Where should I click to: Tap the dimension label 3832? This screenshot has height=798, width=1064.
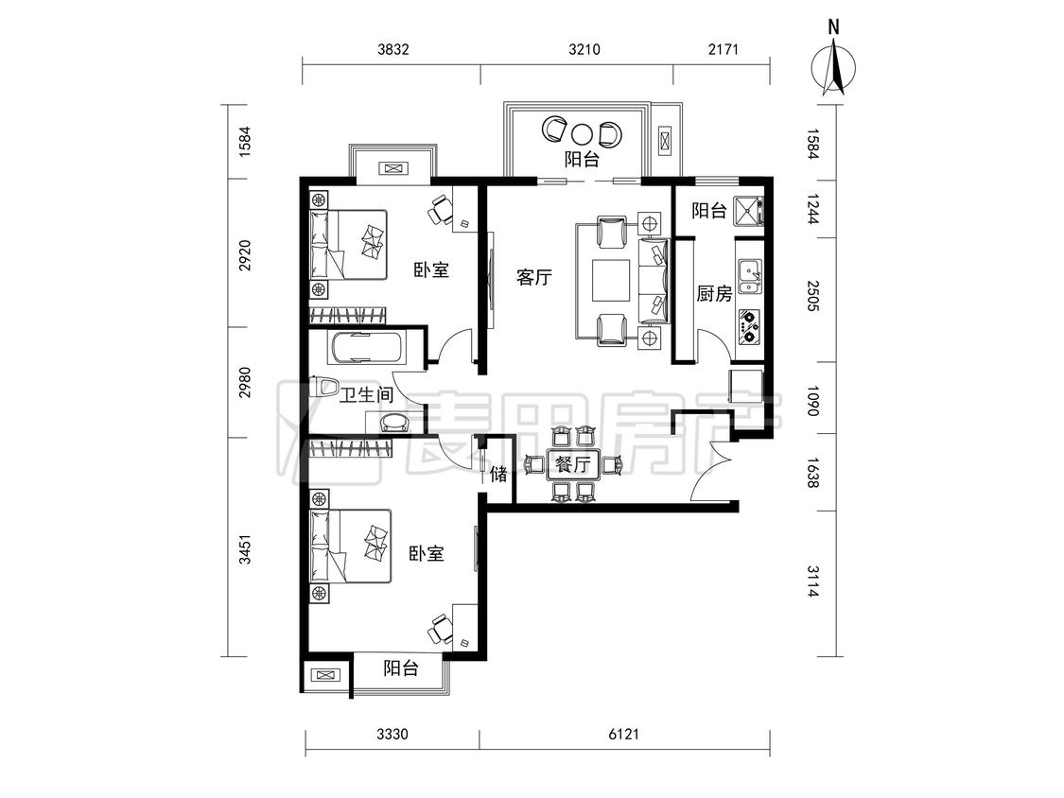[393, 49]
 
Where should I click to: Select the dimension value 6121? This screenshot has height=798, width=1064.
[623, 735]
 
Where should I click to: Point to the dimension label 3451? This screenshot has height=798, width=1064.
[246, 549]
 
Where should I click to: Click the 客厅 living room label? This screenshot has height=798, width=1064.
[534, 278]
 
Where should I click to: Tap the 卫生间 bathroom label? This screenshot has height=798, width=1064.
[366, 395]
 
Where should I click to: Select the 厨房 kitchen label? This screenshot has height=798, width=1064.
[715, 294]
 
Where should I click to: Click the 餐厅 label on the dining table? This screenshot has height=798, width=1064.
[572, 465]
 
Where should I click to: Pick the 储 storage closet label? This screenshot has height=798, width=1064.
[498, 474]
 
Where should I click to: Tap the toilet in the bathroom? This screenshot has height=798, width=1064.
[323, 389]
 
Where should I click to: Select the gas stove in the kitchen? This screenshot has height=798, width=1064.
[749, 325]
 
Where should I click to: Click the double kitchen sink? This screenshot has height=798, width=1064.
[749, 277]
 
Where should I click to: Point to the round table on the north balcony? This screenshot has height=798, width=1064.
[582, 133]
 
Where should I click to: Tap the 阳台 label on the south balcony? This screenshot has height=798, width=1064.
[400, 668]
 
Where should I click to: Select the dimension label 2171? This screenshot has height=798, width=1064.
[723, 49]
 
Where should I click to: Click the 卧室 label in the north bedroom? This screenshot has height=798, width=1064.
[431, 270]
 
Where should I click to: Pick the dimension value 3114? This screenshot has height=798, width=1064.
[813, 581]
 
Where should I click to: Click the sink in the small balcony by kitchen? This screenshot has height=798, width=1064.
[748, 210]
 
